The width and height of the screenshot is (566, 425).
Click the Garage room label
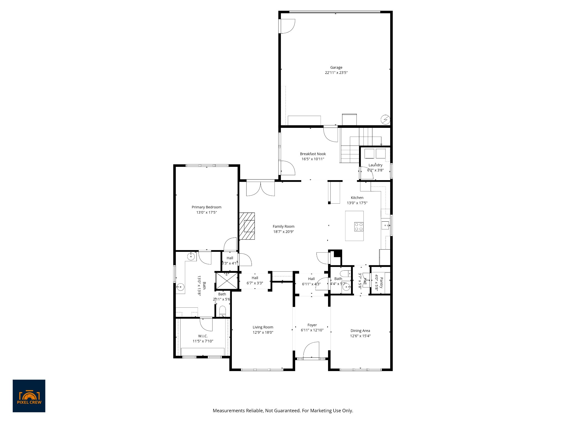click(336, 68)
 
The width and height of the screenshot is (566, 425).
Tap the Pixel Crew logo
click(29, 396)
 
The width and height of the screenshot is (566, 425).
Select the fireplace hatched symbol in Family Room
click(247, 226)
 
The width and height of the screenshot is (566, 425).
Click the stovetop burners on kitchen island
click(359, 227)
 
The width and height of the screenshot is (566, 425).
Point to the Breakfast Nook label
click(313, 154)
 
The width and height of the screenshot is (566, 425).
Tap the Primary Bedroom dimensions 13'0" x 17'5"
click(206, 212)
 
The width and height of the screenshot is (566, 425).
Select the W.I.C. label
click(203, 336)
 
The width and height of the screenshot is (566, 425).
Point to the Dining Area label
click(360, 331)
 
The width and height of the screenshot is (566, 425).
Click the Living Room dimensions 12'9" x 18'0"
click(263, 333)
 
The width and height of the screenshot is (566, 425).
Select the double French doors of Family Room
click(260, 188)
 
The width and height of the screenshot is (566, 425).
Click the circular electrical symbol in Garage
click(385, 120)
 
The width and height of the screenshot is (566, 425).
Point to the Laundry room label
click(375, 165)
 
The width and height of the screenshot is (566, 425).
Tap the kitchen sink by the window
click(385, 226)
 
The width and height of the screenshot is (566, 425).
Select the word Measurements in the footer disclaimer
click(229, 411)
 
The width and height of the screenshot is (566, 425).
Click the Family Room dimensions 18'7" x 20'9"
click(284, 232)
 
